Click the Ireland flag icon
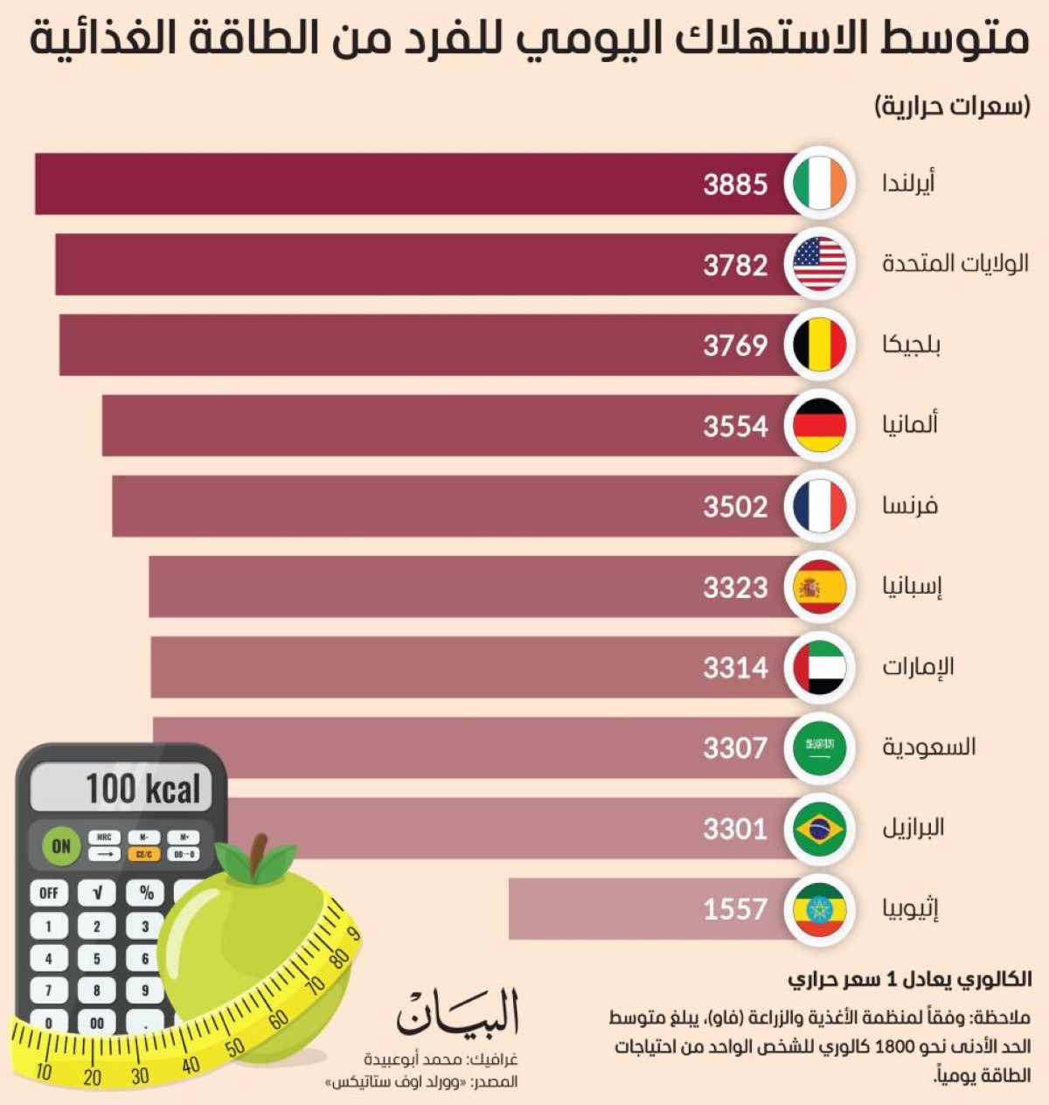(819, 184)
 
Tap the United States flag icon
(819, 264)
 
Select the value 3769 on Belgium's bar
(735, 345)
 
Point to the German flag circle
(819, 426)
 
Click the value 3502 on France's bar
(735, 507)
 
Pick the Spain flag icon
(819, 587)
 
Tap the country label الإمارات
(918, 667)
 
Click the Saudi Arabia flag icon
(819, 748)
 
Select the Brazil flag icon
(819, 829)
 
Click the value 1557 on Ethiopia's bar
(735, 909)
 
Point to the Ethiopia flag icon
(819, 909)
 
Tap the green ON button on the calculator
(61, 845)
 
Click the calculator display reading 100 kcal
(123, 789)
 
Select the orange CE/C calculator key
(143, 854)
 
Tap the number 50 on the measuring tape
(234, 1047)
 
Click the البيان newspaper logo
(458, 1013)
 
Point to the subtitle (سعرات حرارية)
(953, 107)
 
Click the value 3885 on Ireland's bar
(735, 184)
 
